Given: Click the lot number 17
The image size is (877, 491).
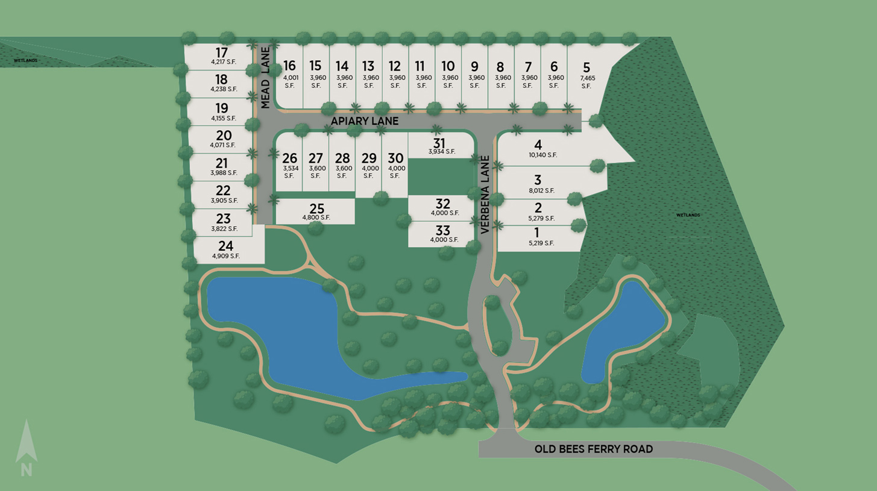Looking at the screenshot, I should click(x=221, y=52).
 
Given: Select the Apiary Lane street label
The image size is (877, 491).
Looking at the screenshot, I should click(x=365, y=121).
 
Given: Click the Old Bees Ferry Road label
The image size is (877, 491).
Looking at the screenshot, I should click(x=593, y=449).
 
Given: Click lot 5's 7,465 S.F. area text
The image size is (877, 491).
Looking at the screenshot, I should click(x=586, y=81).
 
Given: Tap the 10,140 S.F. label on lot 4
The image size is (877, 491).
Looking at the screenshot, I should click(x=542, y=155).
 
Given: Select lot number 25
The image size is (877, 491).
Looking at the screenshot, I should click(x=316, y=209).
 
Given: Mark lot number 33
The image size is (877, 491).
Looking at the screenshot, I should click(x=442, y=230).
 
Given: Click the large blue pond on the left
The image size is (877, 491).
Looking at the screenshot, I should click(x=283, y=325).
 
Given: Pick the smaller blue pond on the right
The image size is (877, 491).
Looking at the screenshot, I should click(x=621, y=331).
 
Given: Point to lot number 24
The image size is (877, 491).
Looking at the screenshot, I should click(x=225, y=246).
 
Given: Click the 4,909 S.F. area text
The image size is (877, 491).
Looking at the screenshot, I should click(x=226, y=256).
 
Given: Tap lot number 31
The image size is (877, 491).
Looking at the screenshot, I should click(x=439, y=143).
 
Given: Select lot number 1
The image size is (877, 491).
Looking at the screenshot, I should click(x=537, y=233).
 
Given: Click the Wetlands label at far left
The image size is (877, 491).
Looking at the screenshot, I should click(x=26, y=61).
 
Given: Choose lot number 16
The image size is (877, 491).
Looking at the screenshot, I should click(x=290, y=66).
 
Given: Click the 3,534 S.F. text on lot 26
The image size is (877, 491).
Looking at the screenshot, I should click(x=289, y=172).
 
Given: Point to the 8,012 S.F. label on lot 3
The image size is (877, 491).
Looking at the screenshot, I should click(x=541, y=190).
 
